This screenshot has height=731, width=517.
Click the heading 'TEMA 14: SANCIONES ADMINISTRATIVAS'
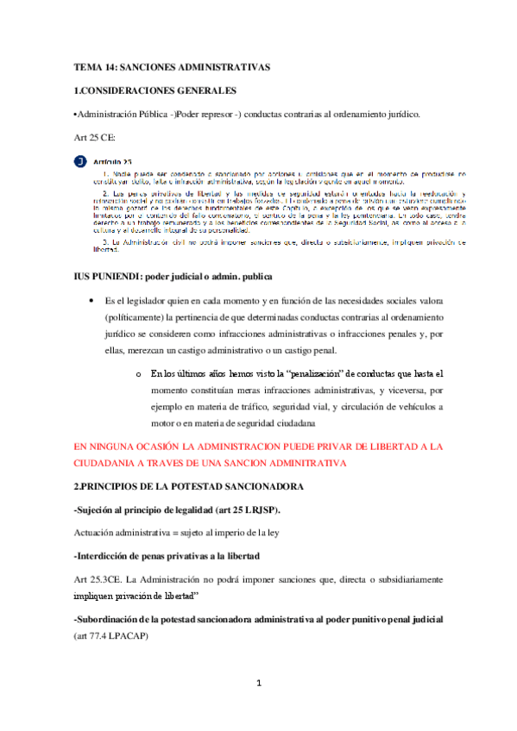coord(172,66)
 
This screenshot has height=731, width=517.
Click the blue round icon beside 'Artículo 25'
coord(80,161)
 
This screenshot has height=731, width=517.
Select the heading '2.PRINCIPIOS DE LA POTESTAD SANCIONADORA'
coord(188,487)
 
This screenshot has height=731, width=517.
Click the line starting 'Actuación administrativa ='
coord(176,533)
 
